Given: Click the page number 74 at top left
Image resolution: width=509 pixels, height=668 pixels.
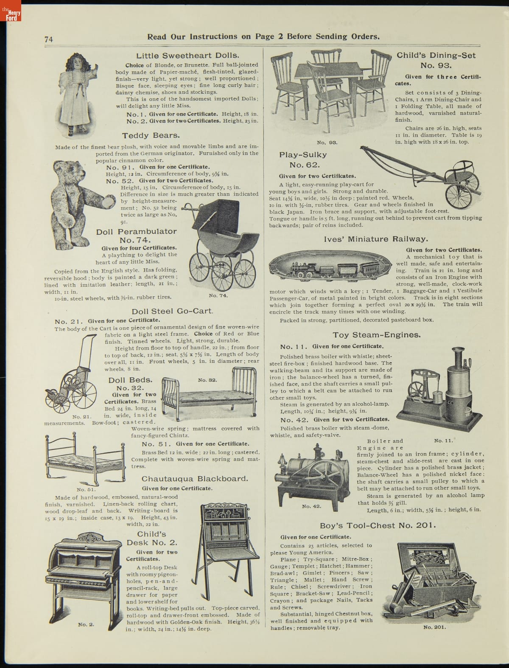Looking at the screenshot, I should [x=48, y=39].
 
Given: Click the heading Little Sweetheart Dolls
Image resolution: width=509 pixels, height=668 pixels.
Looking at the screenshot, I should [x=187, y=56].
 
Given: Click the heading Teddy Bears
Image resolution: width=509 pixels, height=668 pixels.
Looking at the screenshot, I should [x=151, y=136].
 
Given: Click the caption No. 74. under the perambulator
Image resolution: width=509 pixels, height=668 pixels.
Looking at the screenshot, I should [x=218, y=295].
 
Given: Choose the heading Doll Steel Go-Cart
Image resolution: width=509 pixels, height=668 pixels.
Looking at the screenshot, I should [x=172, y=311].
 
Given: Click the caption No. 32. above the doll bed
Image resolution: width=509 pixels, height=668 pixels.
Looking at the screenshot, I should [x=208, y=380].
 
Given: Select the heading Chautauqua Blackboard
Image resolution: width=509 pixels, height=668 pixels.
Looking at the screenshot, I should [x=195, y=479].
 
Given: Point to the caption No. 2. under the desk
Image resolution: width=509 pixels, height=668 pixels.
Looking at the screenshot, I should [x=86, y=624].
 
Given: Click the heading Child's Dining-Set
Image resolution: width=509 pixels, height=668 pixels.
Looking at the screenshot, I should [x=436, y=56].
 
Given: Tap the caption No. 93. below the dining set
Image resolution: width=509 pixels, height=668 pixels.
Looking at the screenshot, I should [x=327, y=142].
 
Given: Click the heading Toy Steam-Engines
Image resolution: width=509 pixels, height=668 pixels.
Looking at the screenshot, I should [x=377, y=335].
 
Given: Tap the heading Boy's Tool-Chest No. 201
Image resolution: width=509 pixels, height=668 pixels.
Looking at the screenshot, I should [x=378, y=525].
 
